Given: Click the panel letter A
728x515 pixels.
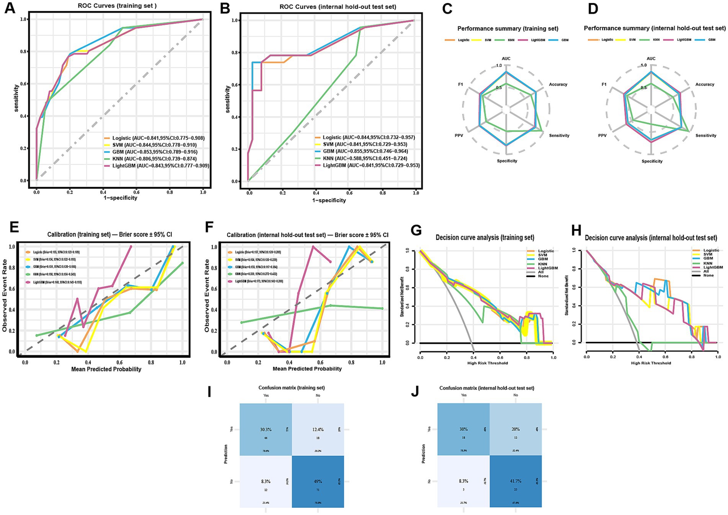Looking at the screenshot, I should point(10,8).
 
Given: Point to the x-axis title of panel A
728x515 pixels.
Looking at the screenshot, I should point(118,198).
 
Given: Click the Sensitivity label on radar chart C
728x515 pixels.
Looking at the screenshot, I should point(559,135).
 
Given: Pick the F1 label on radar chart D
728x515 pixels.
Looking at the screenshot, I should point(604,84).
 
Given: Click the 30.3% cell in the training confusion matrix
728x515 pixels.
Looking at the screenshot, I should point(266,430).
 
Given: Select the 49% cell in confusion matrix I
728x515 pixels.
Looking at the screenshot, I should point(318,481).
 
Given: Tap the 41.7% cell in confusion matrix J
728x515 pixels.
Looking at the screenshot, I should point(516,481).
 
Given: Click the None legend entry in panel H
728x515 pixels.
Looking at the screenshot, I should point(708,275).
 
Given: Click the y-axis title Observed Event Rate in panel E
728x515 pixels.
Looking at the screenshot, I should point(5,295).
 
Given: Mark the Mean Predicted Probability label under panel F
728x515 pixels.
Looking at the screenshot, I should point(307,369).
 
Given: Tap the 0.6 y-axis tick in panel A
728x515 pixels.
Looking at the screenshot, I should point(24,84).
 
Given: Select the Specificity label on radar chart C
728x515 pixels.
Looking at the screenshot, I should point(507,161).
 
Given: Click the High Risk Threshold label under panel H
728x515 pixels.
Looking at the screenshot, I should point(651,363).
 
